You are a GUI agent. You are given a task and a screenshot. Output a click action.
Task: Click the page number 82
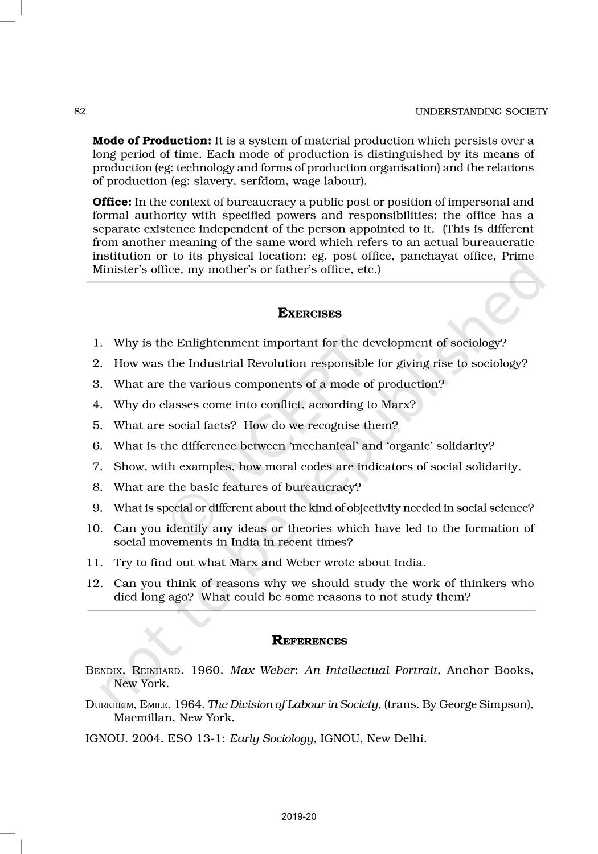coord(80,112)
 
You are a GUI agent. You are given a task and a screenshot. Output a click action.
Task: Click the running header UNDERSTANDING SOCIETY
coord(481,112)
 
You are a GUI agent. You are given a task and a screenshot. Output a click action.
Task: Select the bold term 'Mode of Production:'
coord(151,141)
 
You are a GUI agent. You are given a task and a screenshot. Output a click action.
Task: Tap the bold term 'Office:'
coord(112,202)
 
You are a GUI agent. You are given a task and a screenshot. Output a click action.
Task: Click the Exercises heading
coord(309,314)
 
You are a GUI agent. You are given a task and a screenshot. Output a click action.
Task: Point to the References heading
coord(309,641)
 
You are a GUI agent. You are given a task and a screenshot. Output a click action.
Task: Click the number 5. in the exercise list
coord(97,425)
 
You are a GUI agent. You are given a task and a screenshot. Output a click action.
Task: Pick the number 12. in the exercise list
coord(95,583)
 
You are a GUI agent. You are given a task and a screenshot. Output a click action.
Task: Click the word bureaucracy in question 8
coord(327,487)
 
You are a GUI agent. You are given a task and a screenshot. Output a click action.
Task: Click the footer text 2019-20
coord(298,816)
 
